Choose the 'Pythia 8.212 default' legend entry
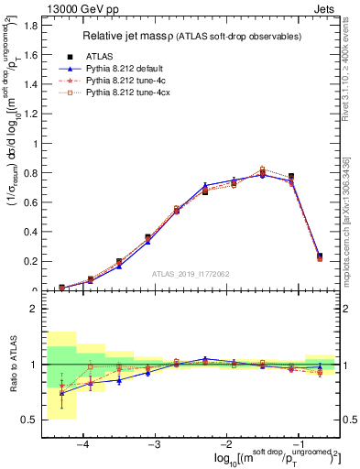[128, 68]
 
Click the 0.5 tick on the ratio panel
[32, 420]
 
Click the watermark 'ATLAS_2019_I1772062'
[191, 273]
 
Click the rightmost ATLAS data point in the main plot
[319, 256]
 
